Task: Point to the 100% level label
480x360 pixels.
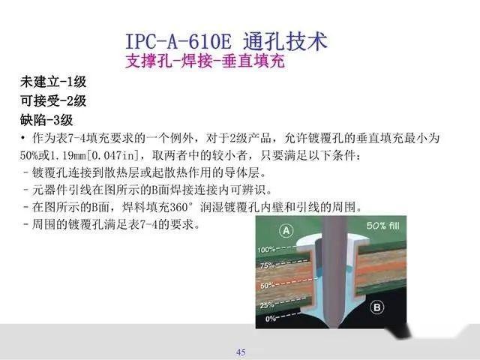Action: coord(268,249)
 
